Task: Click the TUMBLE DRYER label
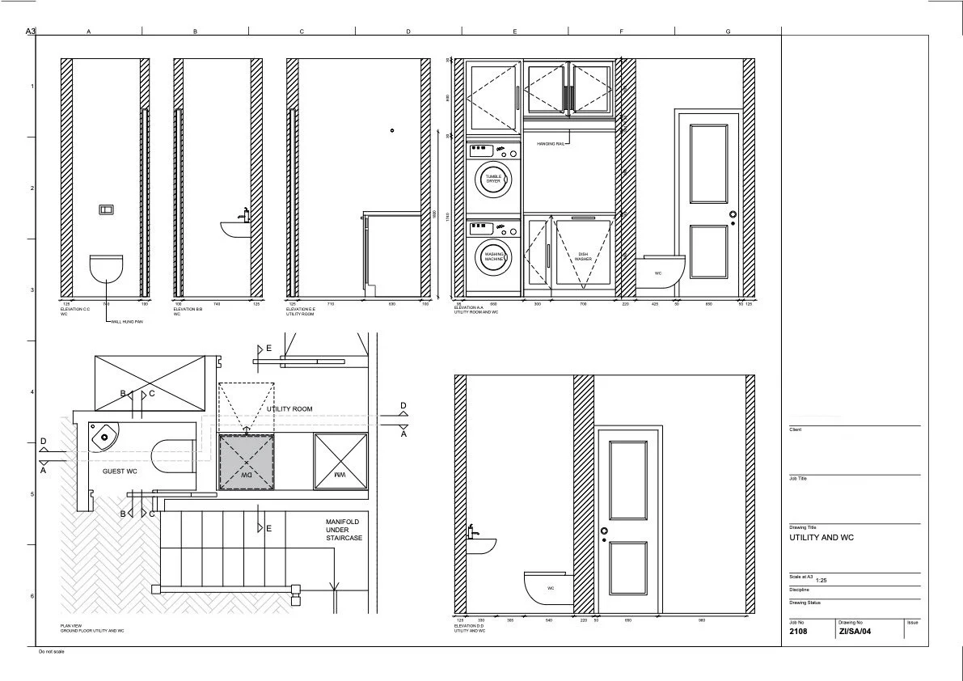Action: point(493,179)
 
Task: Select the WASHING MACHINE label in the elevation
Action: point(493,256)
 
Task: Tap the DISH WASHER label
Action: point(583,256)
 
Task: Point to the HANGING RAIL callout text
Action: point(551,143)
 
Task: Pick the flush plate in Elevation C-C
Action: point(107,209)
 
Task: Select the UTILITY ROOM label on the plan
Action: point(289,409)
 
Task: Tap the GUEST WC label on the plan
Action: point(120,470)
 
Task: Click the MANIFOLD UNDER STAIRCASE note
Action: point(344,530)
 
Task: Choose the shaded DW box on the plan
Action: point(247,461)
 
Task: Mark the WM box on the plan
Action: point(340,461)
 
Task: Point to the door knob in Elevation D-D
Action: point(604,531)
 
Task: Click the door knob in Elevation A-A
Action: point(733,214)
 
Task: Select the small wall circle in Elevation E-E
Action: point(391,130)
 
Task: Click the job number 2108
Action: point(798,632)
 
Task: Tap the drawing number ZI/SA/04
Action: point(855,632)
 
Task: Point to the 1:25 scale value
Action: point(821,580)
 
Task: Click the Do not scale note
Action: point(51,652)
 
